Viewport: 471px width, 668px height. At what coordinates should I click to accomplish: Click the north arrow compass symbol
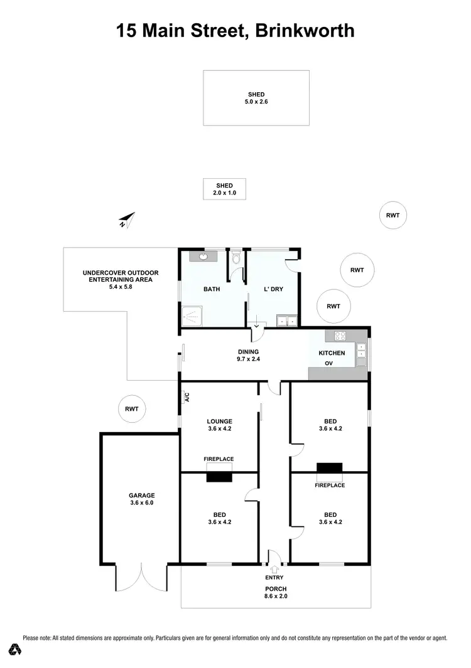[127, 220]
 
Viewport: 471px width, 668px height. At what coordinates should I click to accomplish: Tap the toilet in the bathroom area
[236, 257]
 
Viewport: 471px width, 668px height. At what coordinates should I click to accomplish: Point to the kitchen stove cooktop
[340, 336]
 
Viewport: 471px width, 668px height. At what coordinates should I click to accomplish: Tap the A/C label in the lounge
[187, 396]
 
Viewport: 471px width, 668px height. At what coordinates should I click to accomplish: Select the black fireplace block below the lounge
[219, 477]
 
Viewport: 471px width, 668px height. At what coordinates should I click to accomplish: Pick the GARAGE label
[142, 495]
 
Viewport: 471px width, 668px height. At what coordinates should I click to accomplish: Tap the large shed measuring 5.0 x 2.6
[256, 98]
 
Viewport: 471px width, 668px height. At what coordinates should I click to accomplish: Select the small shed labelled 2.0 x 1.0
[224, 189]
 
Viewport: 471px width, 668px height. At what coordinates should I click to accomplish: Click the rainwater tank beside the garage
[131, 409]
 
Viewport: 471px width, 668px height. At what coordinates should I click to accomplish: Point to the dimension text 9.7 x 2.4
[249, 360]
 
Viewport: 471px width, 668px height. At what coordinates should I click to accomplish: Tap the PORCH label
[276, 588]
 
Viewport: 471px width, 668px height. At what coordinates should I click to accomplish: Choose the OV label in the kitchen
[328, 363]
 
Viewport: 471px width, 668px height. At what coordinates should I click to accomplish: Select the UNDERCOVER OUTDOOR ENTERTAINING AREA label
[121, 276]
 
